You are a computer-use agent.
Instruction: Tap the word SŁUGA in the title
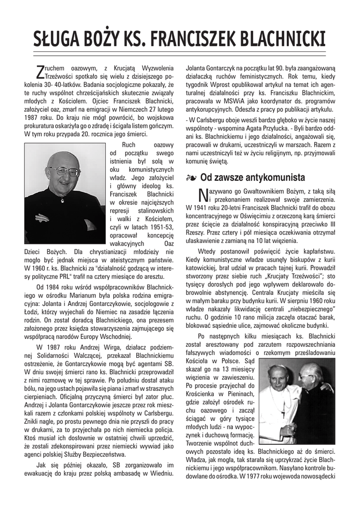pos(56,38)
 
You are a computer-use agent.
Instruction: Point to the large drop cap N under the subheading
pos(202,193)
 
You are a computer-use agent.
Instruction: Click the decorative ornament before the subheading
pos(190,177)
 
